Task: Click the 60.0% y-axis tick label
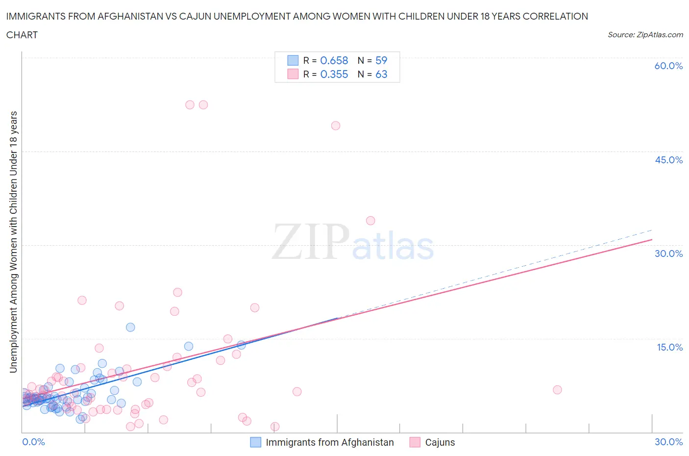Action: point(668,66)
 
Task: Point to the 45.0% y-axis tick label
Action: point(668,160)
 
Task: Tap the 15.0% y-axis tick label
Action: point(669,347)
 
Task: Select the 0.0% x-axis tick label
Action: point(33,442)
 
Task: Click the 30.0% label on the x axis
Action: point(668,442)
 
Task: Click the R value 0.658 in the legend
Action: point(334,60)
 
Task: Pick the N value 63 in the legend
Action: point(381,74)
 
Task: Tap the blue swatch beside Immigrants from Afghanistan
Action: point(256,442)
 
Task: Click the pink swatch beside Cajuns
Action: point(415,442)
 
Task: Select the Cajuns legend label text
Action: point(440,442)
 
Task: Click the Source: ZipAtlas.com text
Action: point(645,34)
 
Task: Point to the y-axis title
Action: point(13,242)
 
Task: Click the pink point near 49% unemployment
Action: point(336,126)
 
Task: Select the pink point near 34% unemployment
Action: point(370,221)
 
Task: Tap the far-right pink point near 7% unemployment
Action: point(557,390)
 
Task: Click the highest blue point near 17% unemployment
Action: point(130,327)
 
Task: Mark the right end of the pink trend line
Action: point(652,239)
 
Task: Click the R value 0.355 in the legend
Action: point(334,74)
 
